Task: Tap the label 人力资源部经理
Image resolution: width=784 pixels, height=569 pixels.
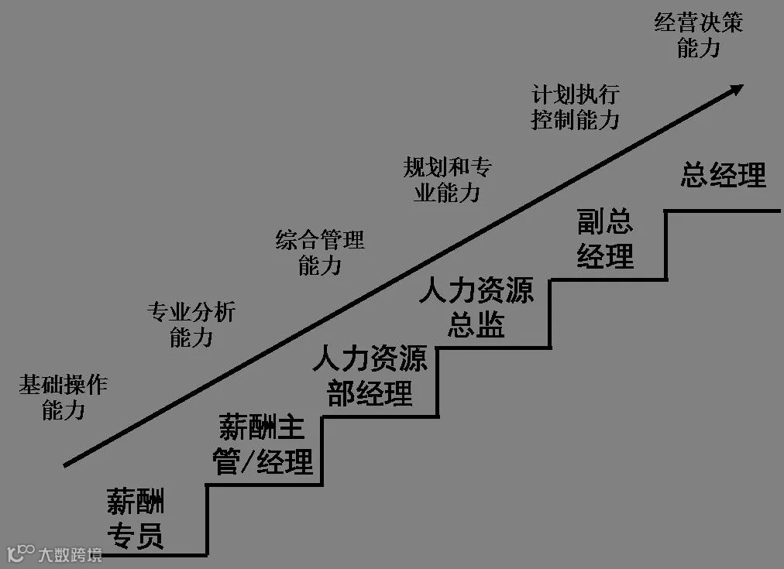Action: (x=370, y=377)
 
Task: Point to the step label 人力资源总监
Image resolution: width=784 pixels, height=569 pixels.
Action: (x=476, y=308)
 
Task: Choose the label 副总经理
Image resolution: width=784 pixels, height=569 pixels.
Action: (x=605, y=239)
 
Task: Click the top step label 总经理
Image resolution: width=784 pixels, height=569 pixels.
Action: (x=723, y=176)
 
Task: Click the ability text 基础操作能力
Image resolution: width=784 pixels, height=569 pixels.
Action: (x=64, y=397)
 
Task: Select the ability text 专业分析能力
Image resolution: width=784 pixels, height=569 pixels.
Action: (x=191, y=325)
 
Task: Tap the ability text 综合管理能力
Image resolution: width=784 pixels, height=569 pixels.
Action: (x=320, y=252)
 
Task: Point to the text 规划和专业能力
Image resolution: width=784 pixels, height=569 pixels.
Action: (x=448, y=180)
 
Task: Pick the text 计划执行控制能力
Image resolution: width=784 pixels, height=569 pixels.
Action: (x=576, y=107)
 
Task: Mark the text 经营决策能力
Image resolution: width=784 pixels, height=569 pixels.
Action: (x=699, y=35)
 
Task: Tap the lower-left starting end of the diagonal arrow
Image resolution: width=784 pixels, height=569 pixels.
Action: (x=66, y=465)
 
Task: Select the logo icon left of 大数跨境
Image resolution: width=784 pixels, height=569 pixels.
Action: (x=20, y=553)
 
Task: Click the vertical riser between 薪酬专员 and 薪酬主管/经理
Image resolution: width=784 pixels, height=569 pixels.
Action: (x=207, y=519)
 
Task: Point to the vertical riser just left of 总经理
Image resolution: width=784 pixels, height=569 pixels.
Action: (x=665, y=244)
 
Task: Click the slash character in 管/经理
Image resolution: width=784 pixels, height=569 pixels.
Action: (x=249, y=463)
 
